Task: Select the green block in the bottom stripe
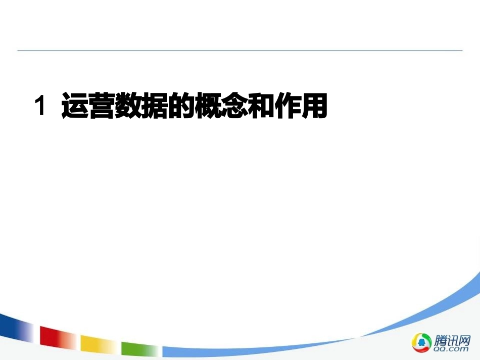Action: [x=139, y=349]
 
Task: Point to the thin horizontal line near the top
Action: [x=240, y=50]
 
